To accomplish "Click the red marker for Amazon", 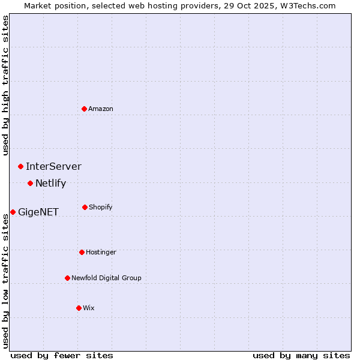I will [x=85, y=109].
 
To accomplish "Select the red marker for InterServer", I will [x=20, y=166].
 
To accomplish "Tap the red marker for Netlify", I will [x=30, y=183].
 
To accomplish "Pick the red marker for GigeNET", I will [x=13, y=212].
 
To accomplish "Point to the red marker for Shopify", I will [x=85, y=207].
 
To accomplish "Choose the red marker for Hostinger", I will [x=82, y=252].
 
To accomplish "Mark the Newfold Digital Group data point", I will [x=67, y=278].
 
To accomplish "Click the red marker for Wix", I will [x=79, y=308].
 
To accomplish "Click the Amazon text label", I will [x=101, y=109].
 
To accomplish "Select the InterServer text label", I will [x=53, y=167].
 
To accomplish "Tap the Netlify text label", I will [x=50, y=184].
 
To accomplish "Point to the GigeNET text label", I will [x=38, y=212].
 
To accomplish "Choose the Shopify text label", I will [x=101, y=208].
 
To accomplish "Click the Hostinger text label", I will [x=101, y=253].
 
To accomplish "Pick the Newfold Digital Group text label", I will [x=106, y=278].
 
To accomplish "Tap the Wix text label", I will [x=89, y=308].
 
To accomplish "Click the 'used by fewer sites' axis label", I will [x=62, y=355].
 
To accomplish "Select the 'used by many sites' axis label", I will [x=301, y=355].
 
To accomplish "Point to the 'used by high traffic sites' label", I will [x=5, y=85].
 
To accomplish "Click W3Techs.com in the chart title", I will [x=305, y=5].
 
